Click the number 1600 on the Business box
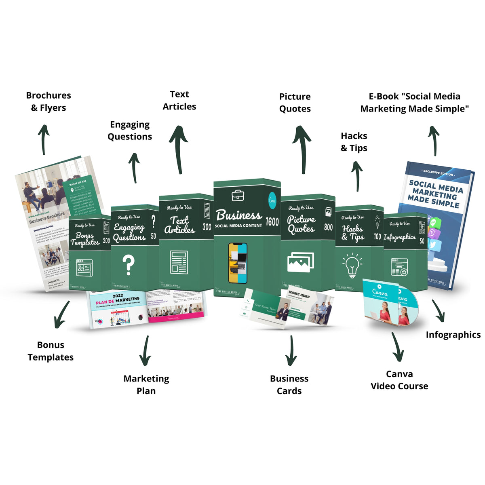[x=272, y=221]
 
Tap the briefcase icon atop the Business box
[x=238, y=196]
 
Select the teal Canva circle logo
[x=272, y=200]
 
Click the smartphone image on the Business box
[x=238, y=263]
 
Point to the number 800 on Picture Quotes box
[x=329, y=227]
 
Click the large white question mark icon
[x=129, y=265]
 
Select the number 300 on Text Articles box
[x=207, y=227]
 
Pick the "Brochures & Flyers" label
[x=48, y=101]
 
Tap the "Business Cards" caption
[x=289, y=384]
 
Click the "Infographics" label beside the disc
[x=453, y=335]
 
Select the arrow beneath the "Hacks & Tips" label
[x=356, y=176]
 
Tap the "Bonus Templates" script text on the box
[x=84, y=239]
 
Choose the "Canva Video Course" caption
[x=399, y=380]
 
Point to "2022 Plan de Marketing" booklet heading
[x=118, y=299]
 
